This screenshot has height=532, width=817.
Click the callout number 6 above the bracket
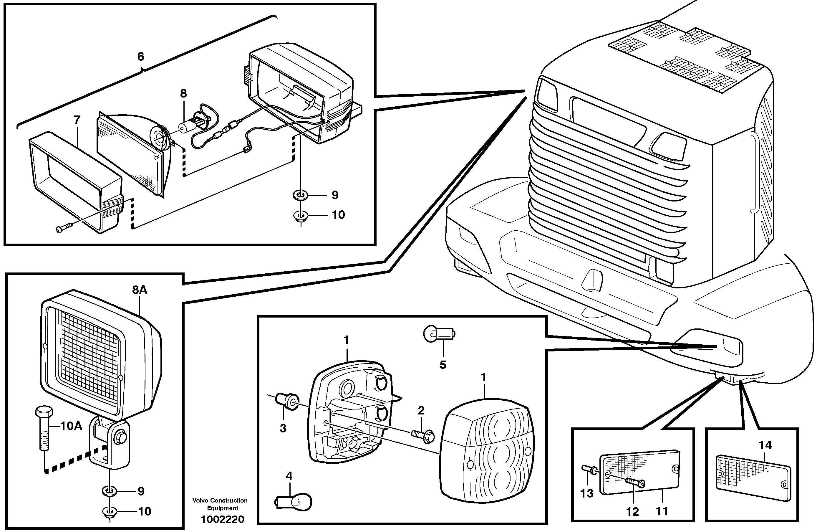(140, 57)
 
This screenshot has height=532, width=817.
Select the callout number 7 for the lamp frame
(77, 120)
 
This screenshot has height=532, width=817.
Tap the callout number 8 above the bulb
(183, 93)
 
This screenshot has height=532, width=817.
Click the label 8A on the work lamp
(140, 290)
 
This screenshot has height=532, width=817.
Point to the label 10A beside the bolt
(71, 426)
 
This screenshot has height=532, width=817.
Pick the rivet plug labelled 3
(287, 401)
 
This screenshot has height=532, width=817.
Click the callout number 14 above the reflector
(765, 445)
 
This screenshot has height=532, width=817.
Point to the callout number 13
(587, 493)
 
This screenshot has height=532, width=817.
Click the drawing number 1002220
(223, 519)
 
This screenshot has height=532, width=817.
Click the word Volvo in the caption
(200, 500)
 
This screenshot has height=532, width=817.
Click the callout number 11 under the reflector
(662, 511)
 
